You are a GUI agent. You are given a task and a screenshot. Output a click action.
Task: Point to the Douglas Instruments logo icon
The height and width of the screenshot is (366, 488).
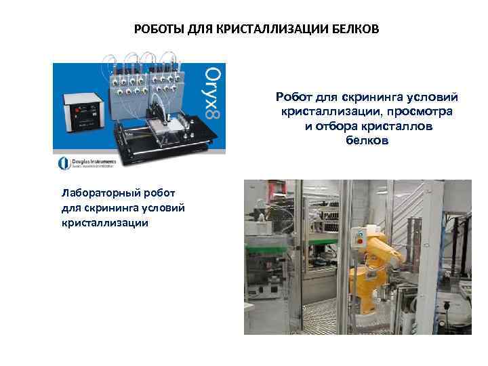click(63, 163)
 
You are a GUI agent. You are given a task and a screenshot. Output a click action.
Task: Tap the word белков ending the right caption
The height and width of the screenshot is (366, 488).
click(367, 141)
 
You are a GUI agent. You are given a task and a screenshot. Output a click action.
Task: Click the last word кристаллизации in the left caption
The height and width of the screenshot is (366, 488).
click(104, 222)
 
